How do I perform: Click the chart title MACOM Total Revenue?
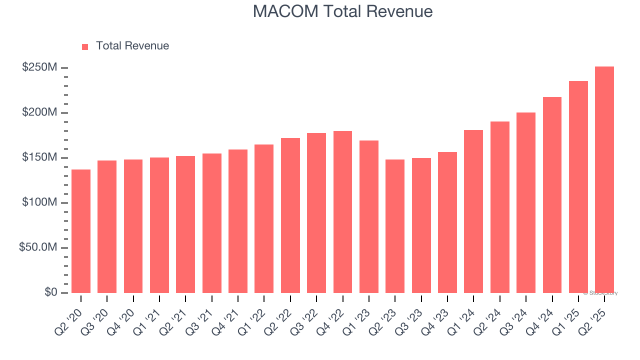(342, 11)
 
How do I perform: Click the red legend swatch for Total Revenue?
(85, 46)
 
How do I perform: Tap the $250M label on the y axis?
(39, 67)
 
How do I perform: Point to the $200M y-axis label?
(39, 112)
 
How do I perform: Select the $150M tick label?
(39, 157)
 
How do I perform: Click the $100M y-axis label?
(39, 202)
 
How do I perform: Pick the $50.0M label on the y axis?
(38, 247)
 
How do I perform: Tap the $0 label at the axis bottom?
(50, 292)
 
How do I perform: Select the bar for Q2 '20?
(81, 231)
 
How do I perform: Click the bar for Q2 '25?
(604, 180)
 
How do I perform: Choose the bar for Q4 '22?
(343, 212)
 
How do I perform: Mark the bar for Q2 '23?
(395, 226)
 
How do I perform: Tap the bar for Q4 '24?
(552, 195)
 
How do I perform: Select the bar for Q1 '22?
(264, 218)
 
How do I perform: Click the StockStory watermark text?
(600, 293)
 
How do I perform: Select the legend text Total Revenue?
(132, 46)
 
